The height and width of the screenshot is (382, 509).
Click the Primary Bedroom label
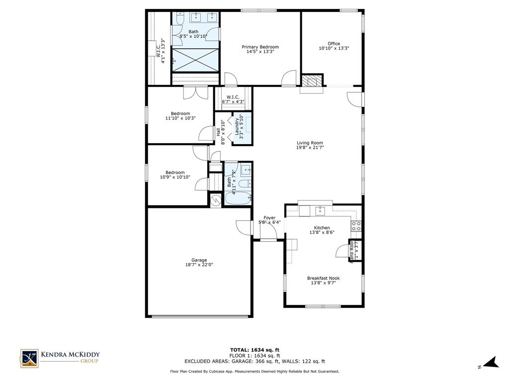[x=260, y=47]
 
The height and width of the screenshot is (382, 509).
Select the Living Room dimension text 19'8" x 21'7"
[x=310, y=148]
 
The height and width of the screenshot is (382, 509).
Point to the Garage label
[x=199, y=260]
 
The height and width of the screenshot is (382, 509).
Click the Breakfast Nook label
[x=323, y=278]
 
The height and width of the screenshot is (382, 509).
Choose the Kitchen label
[x=322, y=228]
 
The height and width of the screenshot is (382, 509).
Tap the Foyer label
[x=269, y=218]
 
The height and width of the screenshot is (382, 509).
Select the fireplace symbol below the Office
[x=312, y=81]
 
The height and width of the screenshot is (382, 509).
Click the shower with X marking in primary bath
[x=195, y=60]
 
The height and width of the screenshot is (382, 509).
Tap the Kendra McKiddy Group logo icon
[x=29, y=358]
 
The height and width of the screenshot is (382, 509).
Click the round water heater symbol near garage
[x=215, y=200]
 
